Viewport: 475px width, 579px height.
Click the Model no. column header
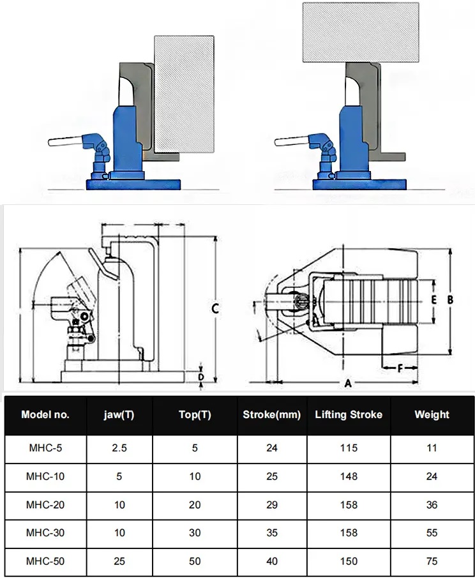(45, 415)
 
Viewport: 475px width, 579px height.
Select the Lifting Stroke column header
(349, 415)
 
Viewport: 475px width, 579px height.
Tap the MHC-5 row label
(45, 447)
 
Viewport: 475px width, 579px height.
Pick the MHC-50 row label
(45, 561)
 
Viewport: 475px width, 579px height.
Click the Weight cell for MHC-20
(432, 505)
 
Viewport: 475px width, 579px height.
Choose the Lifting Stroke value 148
(349, 476)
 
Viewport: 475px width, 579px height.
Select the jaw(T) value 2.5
(119, 447)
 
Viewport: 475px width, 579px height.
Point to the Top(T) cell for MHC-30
(195, 533)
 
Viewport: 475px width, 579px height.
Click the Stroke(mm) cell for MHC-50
(272, 561)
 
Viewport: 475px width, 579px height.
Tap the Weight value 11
(432, 447)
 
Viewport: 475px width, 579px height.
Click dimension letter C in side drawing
(216, 308)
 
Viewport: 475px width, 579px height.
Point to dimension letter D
(201, 377)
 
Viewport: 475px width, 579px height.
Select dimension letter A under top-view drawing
(348, 384)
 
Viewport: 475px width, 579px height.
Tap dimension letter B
(450, 299)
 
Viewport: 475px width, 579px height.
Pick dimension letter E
(433, 299)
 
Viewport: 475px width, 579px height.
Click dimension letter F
(400, 368)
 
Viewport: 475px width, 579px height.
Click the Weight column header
(432, 415)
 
